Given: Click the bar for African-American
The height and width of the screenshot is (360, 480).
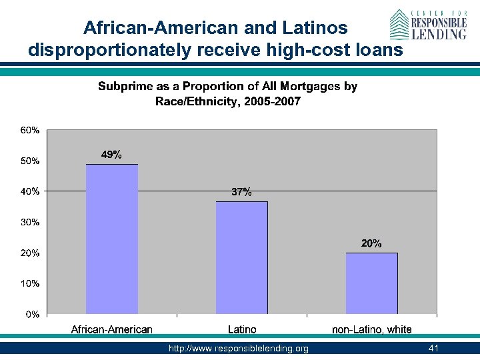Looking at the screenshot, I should (x=112, y=239).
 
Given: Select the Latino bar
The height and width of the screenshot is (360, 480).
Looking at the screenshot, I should (x=241, y=257).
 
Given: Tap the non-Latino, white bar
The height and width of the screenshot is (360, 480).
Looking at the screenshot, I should (x=371, y=283).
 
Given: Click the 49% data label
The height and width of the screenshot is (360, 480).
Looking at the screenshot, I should (x=111, y=155).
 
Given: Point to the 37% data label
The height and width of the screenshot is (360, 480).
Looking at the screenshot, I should (x=241, y=192).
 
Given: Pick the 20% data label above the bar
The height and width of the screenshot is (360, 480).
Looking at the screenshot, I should (x=371, y=244).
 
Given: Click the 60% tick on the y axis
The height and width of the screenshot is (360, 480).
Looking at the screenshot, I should (x=30, y=131).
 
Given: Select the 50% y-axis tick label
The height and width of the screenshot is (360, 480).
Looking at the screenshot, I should (x=30, y=161).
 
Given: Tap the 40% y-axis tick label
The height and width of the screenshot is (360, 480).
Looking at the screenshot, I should (x=30, y=191).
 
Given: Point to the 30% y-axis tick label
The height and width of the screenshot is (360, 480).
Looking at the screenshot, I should (x=30, y=222).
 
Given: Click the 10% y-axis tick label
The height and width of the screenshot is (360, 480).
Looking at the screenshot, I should (x=30, y=283).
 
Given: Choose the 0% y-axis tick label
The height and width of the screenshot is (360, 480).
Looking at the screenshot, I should (x=32, y=314).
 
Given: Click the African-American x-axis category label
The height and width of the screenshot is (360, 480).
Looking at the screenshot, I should (x=112, y=329).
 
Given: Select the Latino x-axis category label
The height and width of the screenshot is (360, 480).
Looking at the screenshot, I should (x=241, y=329).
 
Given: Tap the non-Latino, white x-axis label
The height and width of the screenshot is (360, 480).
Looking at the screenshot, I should (x=371, y=329).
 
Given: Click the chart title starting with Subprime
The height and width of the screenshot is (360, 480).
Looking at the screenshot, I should (x=228, y=93).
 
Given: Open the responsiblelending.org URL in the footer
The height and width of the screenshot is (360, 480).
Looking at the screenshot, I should (x=239, y=349).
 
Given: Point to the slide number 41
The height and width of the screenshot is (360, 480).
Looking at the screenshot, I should (x=434, y=349).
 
